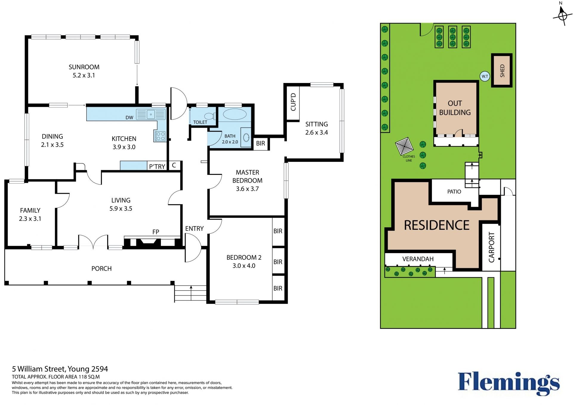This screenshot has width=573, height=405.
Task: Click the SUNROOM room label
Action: point(84,67)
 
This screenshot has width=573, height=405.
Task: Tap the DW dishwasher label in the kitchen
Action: point(129,118)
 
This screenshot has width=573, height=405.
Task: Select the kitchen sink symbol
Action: point(151,114)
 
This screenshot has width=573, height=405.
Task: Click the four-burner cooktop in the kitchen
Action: point(160,136)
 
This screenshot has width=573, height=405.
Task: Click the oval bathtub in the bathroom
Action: point(235,114)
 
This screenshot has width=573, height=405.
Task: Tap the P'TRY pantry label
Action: point(157,167)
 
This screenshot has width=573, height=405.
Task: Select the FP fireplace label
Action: point(155,232)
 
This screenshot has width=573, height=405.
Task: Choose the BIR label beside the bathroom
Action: point(261,143)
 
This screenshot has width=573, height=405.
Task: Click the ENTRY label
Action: point(194,229)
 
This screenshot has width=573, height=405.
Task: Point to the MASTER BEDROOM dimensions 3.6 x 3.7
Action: point(247,189)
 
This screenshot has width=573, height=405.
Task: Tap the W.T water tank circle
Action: point(485,76)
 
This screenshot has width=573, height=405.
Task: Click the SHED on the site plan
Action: point(502,70)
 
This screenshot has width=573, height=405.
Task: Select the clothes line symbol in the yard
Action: point(404,146)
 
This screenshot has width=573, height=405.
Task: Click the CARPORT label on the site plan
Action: point(492,247)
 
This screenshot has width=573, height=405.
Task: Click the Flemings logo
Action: point(509,384)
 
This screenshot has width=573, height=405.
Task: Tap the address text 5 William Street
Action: point(38,369)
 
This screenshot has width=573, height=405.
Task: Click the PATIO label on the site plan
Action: point(454,192)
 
